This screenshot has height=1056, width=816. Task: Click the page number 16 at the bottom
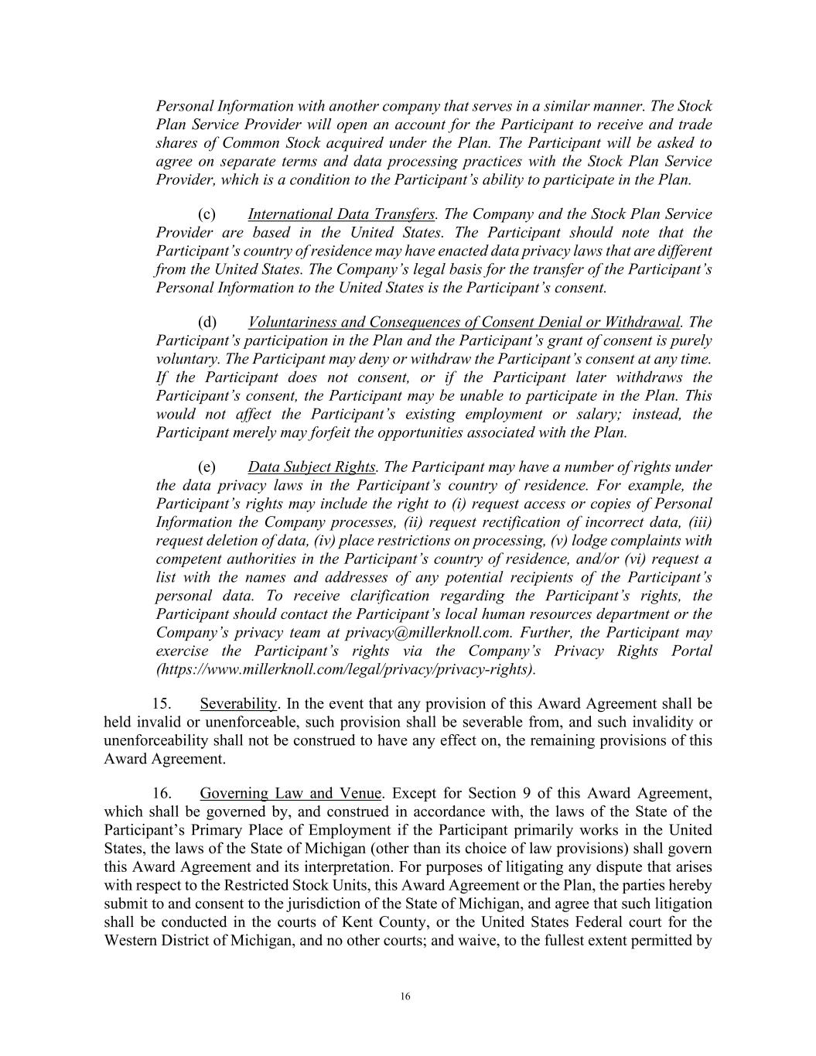[x=405, y=996]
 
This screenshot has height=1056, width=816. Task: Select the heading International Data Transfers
[x=341, y=214]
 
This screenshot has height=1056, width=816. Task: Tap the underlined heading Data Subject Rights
[x=312, y=467]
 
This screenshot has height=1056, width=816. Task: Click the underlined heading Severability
[x=238, y=704]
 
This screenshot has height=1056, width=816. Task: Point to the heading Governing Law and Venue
[x=290, y=794]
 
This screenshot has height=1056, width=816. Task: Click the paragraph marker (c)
[x=207, y=214]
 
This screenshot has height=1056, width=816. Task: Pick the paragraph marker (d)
[x=207, y=323]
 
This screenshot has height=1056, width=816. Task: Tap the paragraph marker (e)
[x=207, y=467]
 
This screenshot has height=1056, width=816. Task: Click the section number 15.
[x=161, y=704]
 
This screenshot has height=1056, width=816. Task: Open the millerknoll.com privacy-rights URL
[x=345, y=670]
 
